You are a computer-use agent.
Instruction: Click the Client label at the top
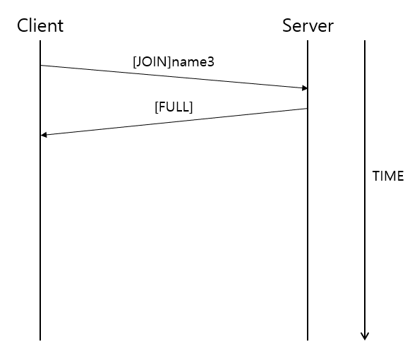click(x=40, y=26)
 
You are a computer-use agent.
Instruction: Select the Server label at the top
click(x=308, y=26)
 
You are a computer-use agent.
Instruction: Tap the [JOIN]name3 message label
click(x=173, y=62)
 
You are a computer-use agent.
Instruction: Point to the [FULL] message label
click(x=174, y=107)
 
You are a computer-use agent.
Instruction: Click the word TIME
click(x=388, y=176)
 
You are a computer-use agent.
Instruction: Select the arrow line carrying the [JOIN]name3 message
click(x=174, y=77)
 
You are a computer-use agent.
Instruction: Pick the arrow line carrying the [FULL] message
click(x=174, y=121)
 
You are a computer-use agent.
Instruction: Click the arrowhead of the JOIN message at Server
click(x=305, y=88)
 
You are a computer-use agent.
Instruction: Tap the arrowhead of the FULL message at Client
click(x=44, y=134)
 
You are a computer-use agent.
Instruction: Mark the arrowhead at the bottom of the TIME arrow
click(x=365, y=336)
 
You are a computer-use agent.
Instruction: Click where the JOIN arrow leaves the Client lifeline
click(x=40, y=66)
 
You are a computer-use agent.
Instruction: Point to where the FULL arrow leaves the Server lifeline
click(x=308, y=109)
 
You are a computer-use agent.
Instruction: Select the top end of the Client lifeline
click(x=40, y=42)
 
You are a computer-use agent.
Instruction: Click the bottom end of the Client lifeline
click(x=40, y=340)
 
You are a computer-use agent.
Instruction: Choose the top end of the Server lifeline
click(x=308, y=42)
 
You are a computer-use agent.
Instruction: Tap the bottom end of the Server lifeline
click(x=308, y=340)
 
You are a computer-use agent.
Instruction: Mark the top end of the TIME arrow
click(x=365, y=42)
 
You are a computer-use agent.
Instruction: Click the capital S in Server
click(x=287, y=26)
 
